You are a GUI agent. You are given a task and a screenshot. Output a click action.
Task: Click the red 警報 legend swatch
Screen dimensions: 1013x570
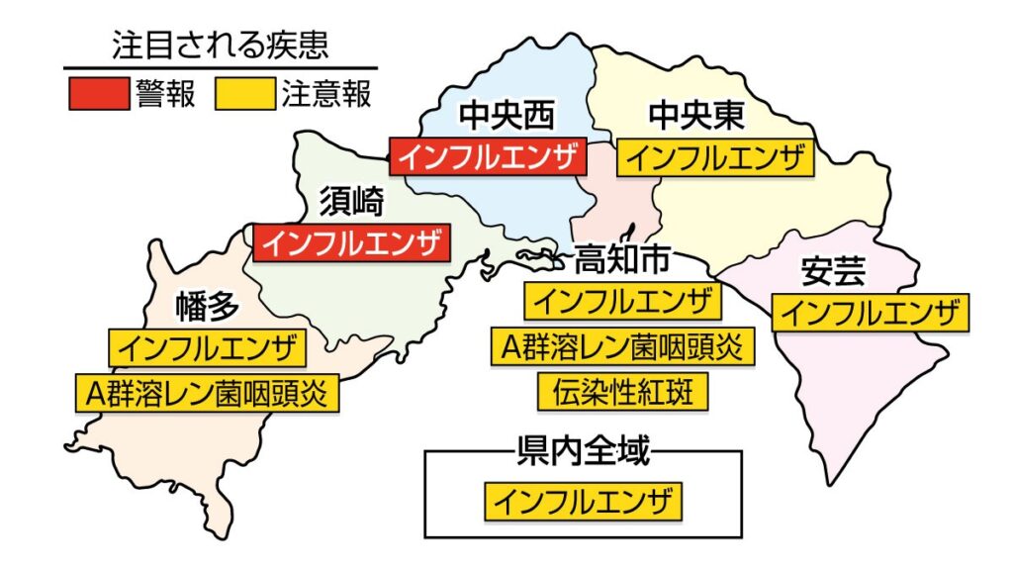[98, 94]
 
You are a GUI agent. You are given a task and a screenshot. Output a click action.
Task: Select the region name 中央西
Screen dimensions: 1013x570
[507, 117]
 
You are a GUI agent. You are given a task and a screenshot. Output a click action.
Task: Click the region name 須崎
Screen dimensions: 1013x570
[350, 202]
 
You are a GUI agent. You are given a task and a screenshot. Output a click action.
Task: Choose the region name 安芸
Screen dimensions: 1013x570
[833, 271]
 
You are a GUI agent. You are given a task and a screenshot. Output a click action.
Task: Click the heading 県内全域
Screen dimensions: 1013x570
[584, 453]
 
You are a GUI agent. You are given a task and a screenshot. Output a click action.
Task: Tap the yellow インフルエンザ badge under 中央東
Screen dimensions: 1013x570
[715, 157]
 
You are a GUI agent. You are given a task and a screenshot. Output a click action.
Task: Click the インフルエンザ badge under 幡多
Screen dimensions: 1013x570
[207, 347]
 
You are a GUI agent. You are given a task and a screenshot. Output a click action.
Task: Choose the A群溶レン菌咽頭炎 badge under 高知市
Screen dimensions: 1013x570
[623, 346]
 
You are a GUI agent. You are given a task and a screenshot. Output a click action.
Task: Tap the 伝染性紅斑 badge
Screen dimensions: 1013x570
[623, 392]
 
